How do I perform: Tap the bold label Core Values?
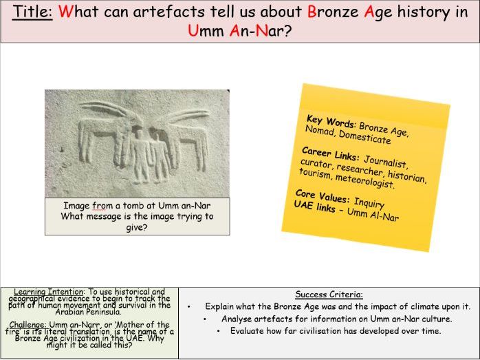(x=322, y=196)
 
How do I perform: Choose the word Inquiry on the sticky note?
(x=369, y=203)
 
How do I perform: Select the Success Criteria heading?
(x=328, y=294)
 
